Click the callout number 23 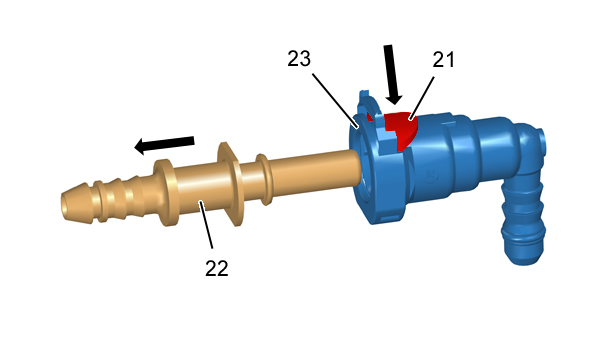[299, 59]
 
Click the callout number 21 [443, 60]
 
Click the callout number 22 [217, 269]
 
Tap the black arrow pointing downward [392, 75]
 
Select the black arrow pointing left [164, 144]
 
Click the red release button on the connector [401, 129]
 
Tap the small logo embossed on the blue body [432, 177]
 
